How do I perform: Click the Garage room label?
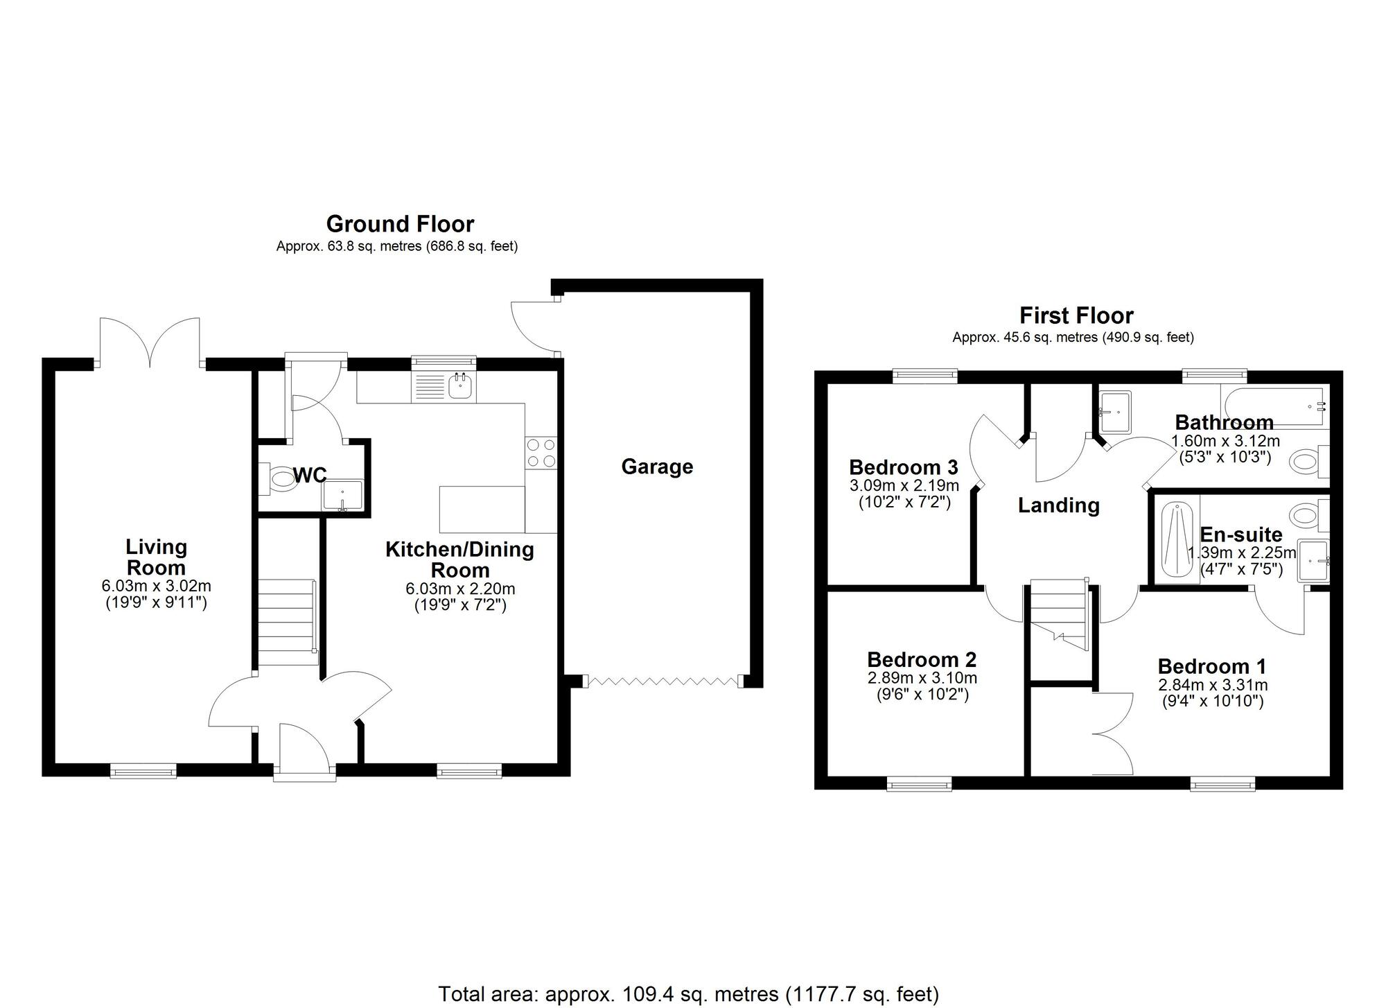(x=656, y=467)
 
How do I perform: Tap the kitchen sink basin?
(x=459, y=385)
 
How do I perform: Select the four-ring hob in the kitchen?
(x=541, y=452)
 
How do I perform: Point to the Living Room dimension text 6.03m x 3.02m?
(x=156, y=586)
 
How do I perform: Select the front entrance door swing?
(x=306, y=747)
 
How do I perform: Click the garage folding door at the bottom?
(x=663, y=681)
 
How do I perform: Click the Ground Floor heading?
(x=400, y=224)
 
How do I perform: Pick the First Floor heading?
(x=1076, y=316)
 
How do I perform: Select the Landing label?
(x=1058, y=505)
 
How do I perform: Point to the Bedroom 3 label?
(x=903, y=467)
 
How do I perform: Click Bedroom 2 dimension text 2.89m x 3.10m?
(x=922, y=677)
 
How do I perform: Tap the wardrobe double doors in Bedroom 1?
(x=1111, y=733)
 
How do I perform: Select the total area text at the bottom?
(x=688, y=993)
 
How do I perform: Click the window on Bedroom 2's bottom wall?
(x=919, y=784)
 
